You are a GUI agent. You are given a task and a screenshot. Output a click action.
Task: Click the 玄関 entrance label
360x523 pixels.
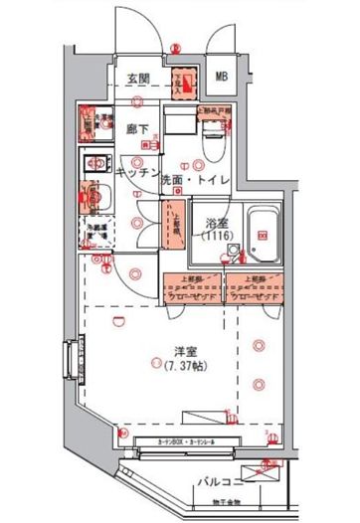pos(138,79)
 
